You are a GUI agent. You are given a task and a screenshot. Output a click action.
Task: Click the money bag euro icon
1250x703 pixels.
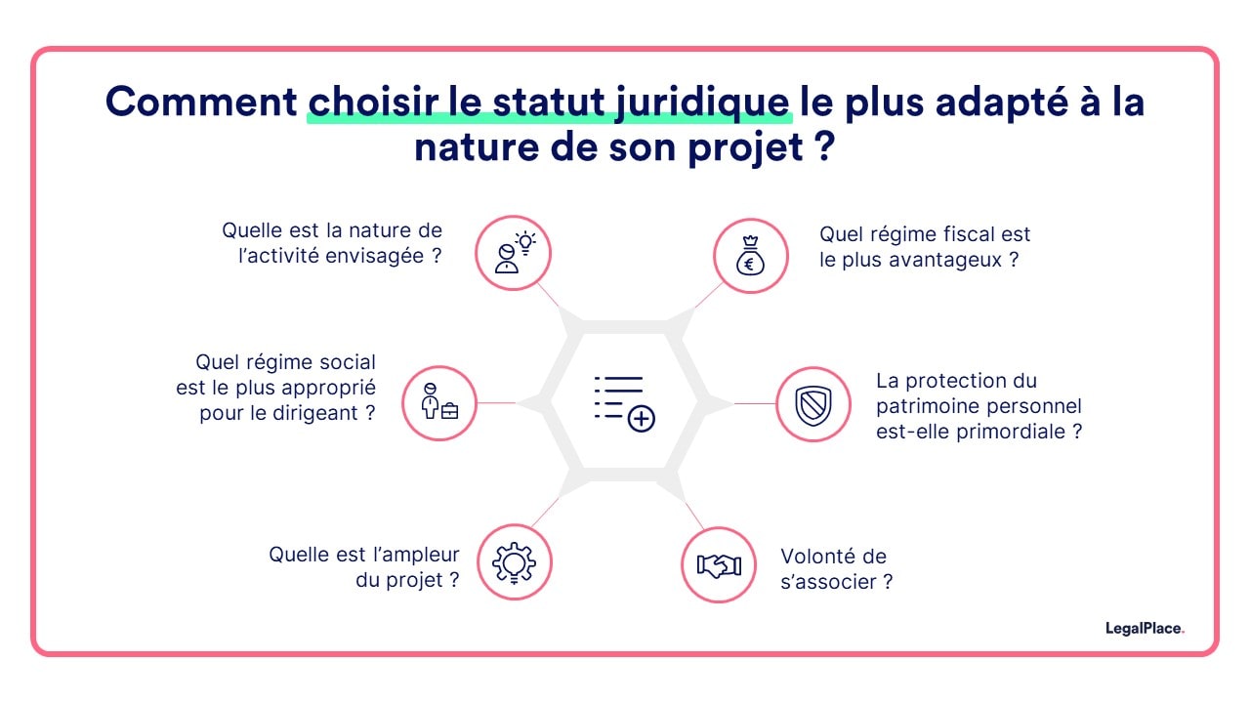749,256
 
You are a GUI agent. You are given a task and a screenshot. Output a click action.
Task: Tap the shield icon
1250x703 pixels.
813,404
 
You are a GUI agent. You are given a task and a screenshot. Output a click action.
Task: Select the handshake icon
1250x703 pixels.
718,564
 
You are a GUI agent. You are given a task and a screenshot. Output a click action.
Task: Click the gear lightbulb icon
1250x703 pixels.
514,562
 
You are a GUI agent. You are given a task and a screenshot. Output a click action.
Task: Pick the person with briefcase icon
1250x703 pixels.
439,403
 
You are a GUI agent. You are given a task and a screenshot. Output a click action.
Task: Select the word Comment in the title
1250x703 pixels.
200,103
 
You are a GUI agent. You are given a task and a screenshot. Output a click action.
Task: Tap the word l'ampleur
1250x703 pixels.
411,554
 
